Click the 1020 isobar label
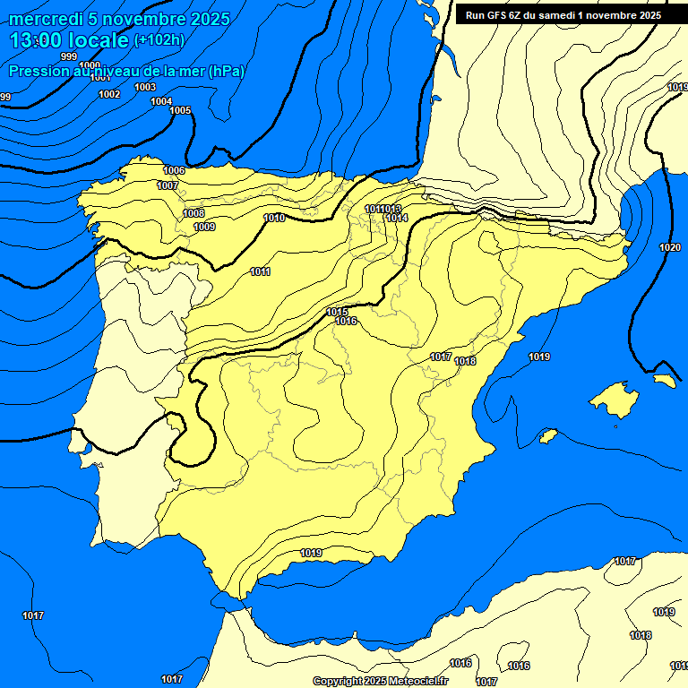669,247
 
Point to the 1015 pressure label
338,312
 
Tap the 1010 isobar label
274,218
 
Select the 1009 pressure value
204,227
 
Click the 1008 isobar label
193,213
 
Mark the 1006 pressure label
174,170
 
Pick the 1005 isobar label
180,110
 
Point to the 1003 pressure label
145,87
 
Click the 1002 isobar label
109,94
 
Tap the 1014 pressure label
398,218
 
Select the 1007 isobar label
168,185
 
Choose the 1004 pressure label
161,101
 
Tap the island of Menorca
663,380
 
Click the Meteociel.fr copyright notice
380,681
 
